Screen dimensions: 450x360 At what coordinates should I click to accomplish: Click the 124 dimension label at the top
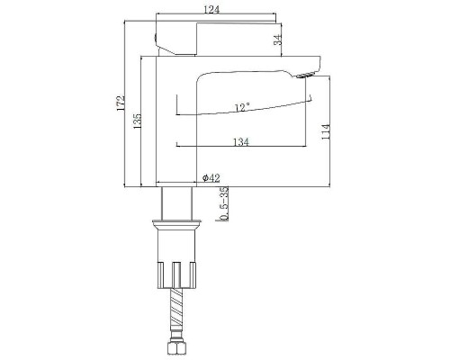click(x=211, y=9)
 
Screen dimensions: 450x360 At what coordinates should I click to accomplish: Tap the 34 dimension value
click(x=278, y=40)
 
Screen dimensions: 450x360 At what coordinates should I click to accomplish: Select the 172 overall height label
click(x=121, y=103)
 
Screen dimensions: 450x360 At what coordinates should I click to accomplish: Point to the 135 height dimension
click(x=137, y=121)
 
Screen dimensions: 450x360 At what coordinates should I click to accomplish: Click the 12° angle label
click(x=242, y=107)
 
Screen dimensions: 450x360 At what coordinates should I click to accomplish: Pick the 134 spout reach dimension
click(x=241, y=141)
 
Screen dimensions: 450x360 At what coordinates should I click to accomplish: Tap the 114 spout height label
click(x=326, y=131)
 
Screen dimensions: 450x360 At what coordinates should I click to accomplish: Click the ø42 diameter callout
click(x=211, y=178)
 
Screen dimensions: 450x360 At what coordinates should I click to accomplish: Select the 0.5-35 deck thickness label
click(x=224, y=203)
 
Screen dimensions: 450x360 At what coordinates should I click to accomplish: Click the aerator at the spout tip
click(x=305, y=75)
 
